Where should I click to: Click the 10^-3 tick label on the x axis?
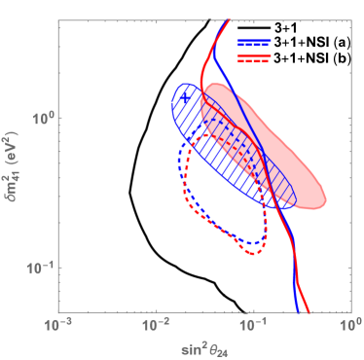(x=59, y=320)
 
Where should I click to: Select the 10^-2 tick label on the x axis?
(x=156, y=320)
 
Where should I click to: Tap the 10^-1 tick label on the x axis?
(x=252, y=320)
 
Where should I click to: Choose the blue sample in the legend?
(x=253, y=44)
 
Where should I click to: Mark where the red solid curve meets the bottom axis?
(x=308, y=311)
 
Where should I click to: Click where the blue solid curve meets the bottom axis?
(x=297, y=311)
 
